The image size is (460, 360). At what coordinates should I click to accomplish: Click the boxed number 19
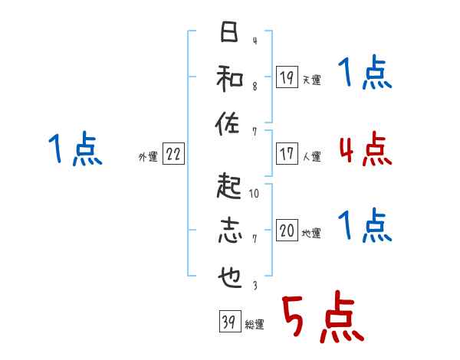point(287,77)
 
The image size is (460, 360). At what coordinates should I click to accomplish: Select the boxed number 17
point(287,153)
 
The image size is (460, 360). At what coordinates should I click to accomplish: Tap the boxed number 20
point(287,231)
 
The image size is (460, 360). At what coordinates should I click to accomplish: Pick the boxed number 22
point(174,154)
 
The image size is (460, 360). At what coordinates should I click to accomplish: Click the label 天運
point(311,80)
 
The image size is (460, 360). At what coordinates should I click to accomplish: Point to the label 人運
point(311,156)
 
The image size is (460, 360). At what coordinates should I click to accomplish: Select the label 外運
point(148,156)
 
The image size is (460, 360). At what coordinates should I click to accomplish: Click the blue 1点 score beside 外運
point(77,149)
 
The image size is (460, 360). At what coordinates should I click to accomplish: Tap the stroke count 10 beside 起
point(255,194)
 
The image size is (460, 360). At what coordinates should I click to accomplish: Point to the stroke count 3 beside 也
point(255,285)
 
